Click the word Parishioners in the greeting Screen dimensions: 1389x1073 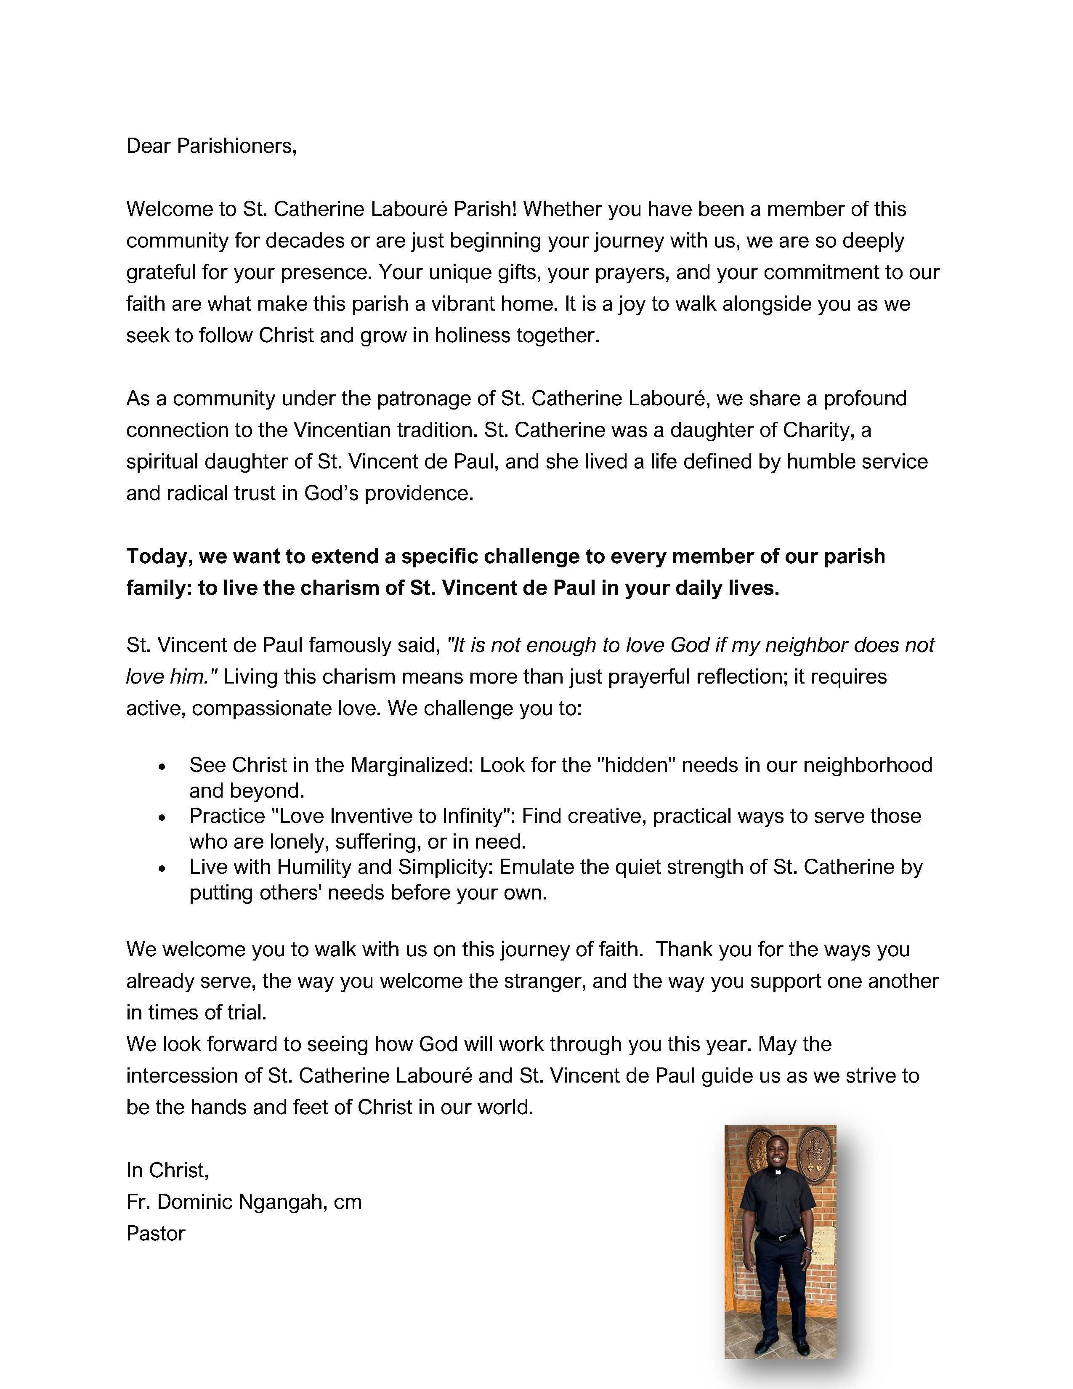[236, 146]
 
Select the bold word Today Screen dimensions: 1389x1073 [159, 556]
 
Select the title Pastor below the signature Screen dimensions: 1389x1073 [156, 1234]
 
